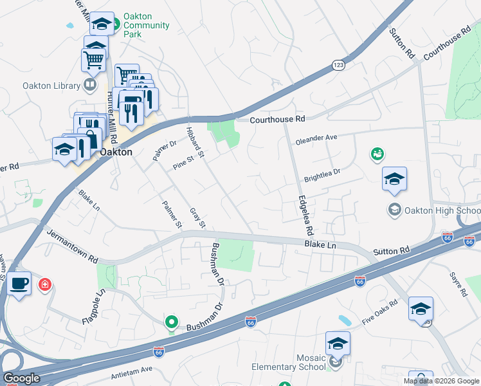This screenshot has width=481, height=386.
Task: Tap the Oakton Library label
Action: pyautogui.click(x=50, y=85)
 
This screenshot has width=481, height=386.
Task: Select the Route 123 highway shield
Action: pyautogui.click(x=338, y=65)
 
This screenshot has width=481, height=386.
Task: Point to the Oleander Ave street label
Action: pyautogui.click(x=316, y=138)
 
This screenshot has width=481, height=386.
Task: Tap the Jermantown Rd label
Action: pyautogui.click(x=72, y=246)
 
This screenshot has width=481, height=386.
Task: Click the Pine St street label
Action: pyautogui.click(x=183, y=163)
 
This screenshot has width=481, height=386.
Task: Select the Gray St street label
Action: pyautogui.click(x=197, y=218)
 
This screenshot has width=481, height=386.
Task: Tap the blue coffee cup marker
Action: pyautogui.click(x=19, y=283)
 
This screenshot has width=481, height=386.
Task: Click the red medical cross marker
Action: pyautogui.click(x=45, y=284)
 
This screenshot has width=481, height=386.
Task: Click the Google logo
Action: pyautogui.click(x=21, y=378)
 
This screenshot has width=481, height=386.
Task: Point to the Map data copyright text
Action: pyautogui.click(x=441, y=380)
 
